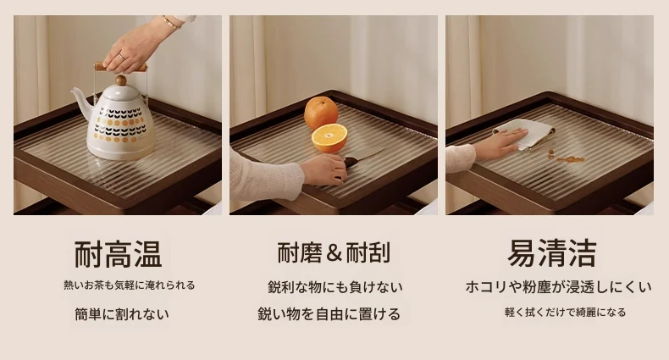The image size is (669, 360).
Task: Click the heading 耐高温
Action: click(119, 255)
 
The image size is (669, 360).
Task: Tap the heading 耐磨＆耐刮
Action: click(334, 252)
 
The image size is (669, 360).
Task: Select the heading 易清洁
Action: click(551, 253)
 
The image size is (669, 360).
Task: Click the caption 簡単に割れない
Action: click(122, 314)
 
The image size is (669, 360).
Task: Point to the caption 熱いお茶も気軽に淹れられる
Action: click(130, 285)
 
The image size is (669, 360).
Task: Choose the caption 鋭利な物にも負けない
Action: click(335, 287)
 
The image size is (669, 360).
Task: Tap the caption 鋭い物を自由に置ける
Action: click(329, 314)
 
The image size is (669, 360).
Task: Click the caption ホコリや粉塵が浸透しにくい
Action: click(559, 286)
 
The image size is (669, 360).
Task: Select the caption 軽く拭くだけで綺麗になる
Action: click(565, 313)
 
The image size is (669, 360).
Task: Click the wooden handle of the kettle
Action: click(121, 68)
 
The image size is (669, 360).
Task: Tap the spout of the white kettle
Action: click(81, 102)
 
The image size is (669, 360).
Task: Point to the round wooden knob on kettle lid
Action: click(121, 80)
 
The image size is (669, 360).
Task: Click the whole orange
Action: click(321, 113)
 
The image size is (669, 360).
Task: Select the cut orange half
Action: click(329, 138)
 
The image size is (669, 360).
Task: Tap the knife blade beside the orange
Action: click(366, 153)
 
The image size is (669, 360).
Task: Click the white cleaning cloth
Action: click(526, 133)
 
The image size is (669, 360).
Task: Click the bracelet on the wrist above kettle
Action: click(170, 22)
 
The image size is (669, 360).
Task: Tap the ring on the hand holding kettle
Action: click(123, 56)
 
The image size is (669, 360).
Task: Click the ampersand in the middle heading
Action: click(334, 253)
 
